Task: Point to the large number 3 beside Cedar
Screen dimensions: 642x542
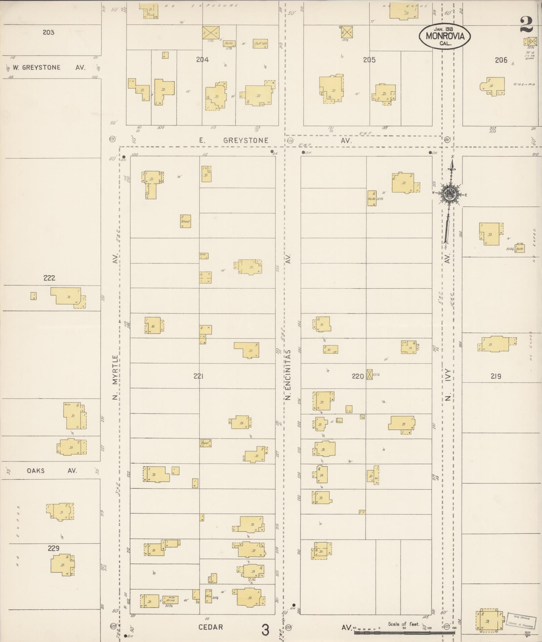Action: click(x=265, y=630)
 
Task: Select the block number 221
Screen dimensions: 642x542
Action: click(x=199, y=376)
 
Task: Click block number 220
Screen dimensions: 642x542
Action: click(x=358, y=376)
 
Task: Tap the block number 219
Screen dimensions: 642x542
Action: click(x=496, y=376)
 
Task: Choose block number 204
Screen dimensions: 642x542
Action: click(x=202, y=59)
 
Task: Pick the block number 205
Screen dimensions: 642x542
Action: click(x=369, y=60)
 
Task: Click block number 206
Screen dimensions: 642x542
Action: click(x=501, y=60)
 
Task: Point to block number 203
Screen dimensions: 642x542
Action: click(x=48, y=32)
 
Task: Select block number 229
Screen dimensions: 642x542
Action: click(x=53, y=548)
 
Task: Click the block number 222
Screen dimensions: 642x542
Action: click(x=49, y=278)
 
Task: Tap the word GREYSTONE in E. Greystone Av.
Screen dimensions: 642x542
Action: click(x=246, y=140)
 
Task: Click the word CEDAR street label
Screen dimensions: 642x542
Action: click(x=211, y=627)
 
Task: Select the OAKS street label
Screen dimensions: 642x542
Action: click(x=36, y=470)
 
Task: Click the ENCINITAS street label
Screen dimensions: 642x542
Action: click(x=288, y=369)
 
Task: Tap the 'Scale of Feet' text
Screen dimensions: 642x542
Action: click(x=404, y=624)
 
